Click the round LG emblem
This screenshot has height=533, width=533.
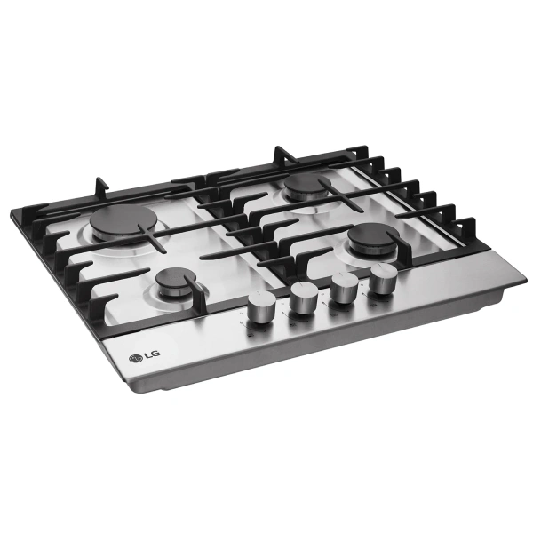point(135,358)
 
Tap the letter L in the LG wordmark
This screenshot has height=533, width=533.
point(147,356)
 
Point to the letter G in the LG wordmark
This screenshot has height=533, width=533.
point(155,354)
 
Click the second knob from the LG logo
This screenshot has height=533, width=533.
point(304,297)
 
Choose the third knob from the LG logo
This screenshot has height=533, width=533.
point(344,288)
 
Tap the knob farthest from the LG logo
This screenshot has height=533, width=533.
point(384,278)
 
